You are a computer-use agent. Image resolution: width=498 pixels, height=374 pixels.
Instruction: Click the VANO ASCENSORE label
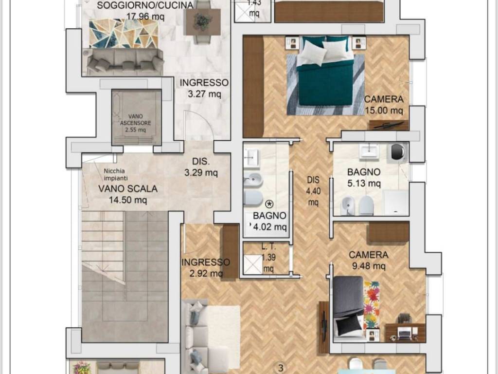pyautogui.click(x=136, y=120)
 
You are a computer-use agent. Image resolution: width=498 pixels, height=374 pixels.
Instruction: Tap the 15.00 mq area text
pyautogui.click(x=384, y=111)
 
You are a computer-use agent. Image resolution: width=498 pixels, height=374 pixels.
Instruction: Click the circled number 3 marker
pyautogui.click(x=281, y=369)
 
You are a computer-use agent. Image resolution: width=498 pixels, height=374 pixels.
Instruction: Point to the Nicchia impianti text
pyautogui.click(x=116, y=175)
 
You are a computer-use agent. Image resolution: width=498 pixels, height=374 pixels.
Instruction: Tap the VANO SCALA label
pyautogui.click(x=128, y=188)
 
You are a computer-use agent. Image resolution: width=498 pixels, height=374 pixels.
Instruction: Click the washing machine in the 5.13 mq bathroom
pyautogui.click(x=399, y=152)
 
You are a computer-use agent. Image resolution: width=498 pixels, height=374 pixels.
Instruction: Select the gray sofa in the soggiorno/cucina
pyautogui.click(x=124, y=62)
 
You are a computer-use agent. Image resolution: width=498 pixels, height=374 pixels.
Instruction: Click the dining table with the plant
pyautogui.click(x=202, y=21)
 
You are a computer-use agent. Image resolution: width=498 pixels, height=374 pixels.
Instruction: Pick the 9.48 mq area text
pyautogui.click(x=369, y=266)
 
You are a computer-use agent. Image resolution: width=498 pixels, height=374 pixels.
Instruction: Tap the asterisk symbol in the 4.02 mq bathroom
pyautogui.click(x=269, y=204)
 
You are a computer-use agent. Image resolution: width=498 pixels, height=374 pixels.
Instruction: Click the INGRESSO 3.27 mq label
pyautogui.click(x=204, y=88)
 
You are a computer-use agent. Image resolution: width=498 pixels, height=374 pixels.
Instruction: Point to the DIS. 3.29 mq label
pyautogui.click(x=201, y=167)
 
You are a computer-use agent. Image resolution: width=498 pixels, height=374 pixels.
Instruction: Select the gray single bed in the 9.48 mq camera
pyautogui.click(x=348, y=306)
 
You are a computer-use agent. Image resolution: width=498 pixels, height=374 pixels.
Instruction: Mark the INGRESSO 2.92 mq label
pyautogui.click(x=206, y=268)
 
